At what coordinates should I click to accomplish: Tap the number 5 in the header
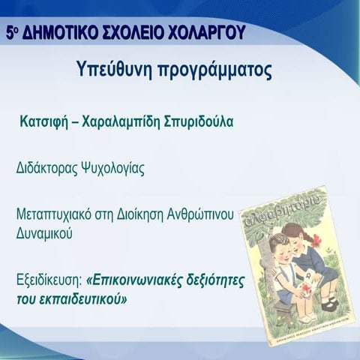[10, 32]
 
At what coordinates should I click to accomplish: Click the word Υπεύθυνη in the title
[114, 72]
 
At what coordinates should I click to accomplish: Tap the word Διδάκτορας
[47, 169]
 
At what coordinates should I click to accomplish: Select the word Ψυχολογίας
[112, 169]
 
